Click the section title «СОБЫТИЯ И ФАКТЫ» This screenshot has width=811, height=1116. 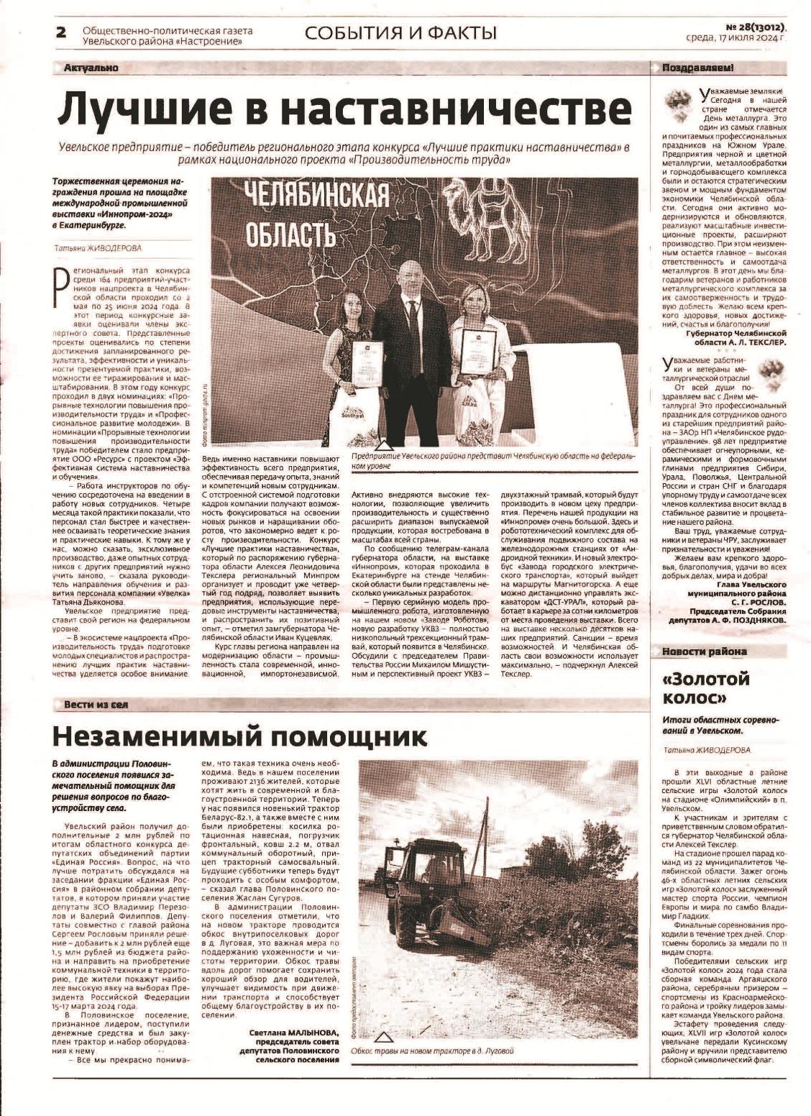[400, 32]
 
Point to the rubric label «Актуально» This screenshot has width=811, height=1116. [91, 68]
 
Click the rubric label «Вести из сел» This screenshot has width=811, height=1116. [96, 704]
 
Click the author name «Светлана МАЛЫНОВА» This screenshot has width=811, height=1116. [289, 1032]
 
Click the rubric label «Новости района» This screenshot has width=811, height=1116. [699, 651]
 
